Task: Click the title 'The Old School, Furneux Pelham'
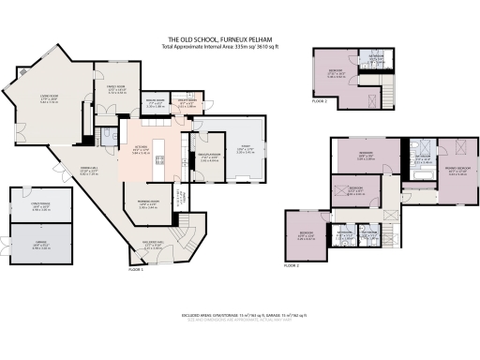coord(240,37)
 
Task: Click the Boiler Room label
coord(154,103)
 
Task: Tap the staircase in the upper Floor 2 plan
coord(373,99)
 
